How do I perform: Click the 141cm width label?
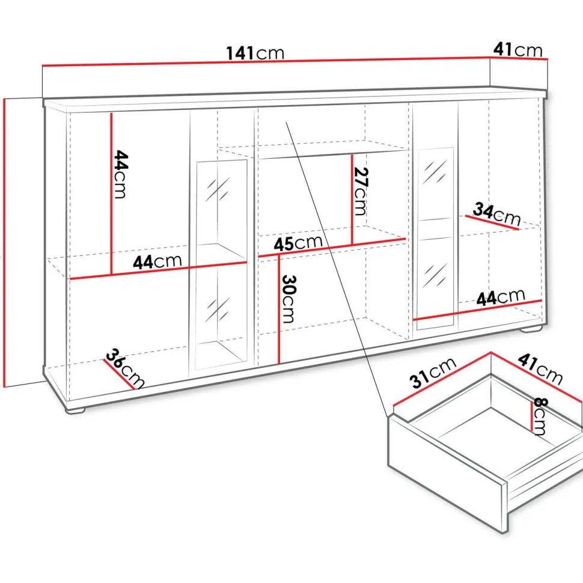(x=255, y=53)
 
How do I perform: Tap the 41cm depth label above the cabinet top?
(x=518, y=50)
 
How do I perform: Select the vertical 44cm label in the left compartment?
(x=121, y=174)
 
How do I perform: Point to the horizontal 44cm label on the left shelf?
(x=157, y=262)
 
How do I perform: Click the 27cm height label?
(x=360, y=191)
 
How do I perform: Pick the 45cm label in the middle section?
(x=298, y=243)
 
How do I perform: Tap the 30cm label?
(x=288, y=299)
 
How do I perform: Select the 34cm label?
(x=496, y=214)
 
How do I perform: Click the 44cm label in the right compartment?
(x=501, y=298)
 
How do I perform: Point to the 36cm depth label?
(x=124, y=369)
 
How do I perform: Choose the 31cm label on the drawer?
(x=432, y=373)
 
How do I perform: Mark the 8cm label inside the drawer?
(x=540, y=417)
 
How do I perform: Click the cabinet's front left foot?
(x=76, y=409)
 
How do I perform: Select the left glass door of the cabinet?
(x=222, y=265)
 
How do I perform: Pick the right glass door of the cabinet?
(x=435, y=239)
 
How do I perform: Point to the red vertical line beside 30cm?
(x=278, y=309)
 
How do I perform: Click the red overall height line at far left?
(x=4, y=243)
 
